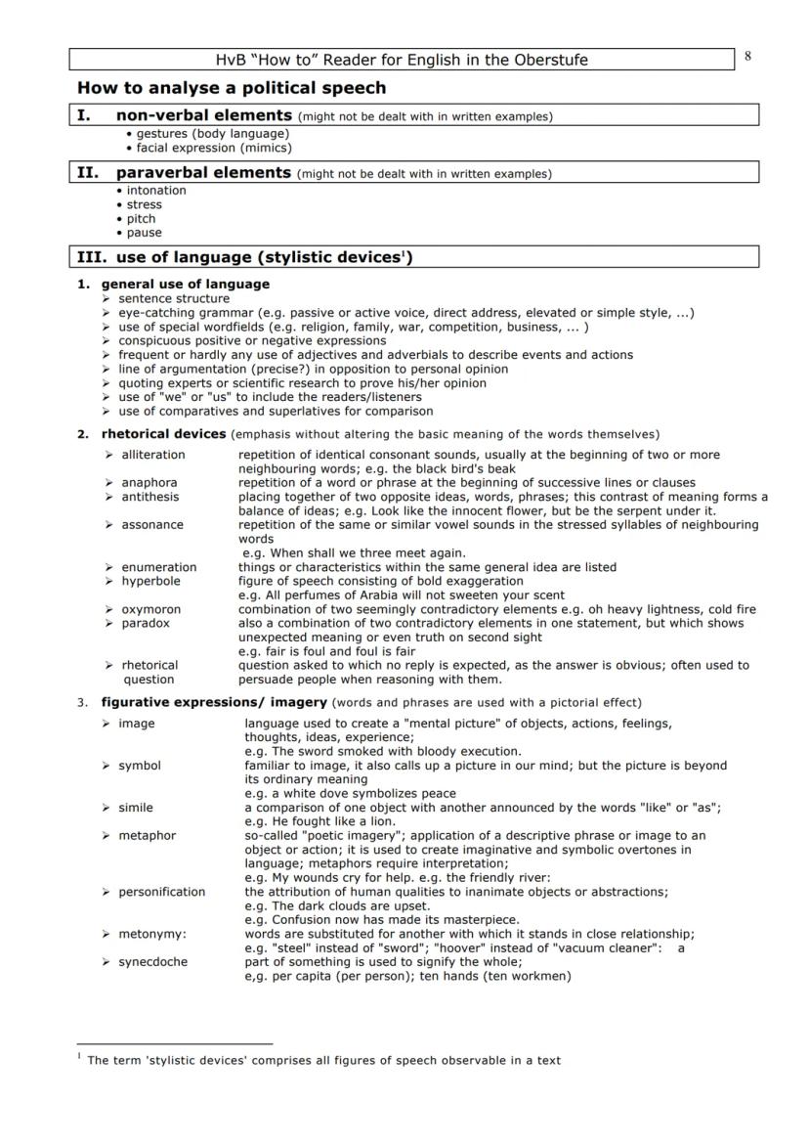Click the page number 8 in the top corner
[747, 57]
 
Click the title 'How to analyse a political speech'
[232, 88]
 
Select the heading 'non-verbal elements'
[203, 116]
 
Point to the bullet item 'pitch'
[141, 219]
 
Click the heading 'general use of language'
[186, 285]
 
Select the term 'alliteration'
[152, 455]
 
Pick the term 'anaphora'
[149, 482]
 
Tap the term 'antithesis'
[150, 497]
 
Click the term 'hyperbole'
[150, 581]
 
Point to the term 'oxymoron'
[150, 609]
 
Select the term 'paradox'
[146, 623]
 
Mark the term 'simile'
[136, 808]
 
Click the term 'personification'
[162, 892]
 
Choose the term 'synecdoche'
[152, 962]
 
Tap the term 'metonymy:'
[152, 934]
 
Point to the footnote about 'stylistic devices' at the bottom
[323, 1060]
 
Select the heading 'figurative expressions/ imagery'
[214, 702]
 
